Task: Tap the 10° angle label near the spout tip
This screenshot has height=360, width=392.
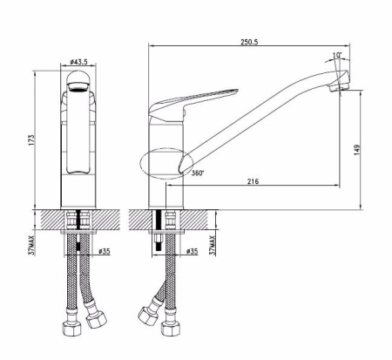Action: point(337,57)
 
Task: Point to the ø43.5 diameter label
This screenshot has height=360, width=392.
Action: point(80,64)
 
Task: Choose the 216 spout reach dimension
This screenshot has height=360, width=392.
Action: point(253,181)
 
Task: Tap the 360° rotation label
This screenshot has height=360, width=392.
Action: point(198,172)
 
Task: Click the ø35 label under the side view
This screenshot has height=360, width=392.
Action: point(193,252)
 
